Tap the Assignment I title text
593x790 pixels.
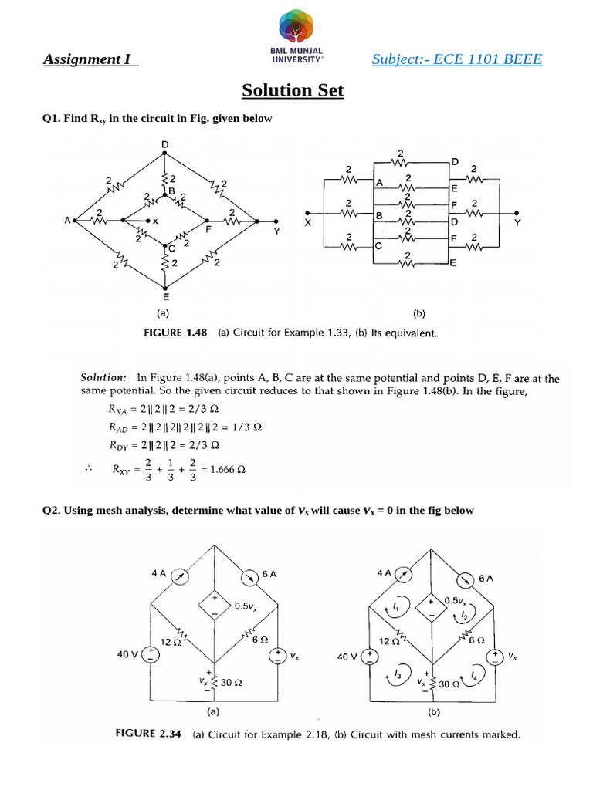pyautogui.click(x=90, y=59)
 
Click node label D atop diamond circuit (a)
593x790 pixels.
pyautogui.click(x=164, y=144)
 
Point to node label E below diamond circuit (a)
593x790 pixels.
pyautogui.click(x=164, y=295)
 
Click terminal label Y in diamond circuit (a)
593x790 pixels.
pyautogui.click(x=276, y=230)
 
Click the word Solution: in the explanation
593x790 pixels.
pyautogui.click(x=103, y=378)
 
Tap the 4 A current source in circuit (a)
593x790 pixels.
pyautogui.click(x=179, y=575)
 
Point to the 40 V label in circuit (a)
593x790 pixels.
pyautogui.click(x=127, y=654)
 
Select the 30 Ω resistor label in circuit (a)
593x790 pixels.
pyautogui.click(x=232, y=682)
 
